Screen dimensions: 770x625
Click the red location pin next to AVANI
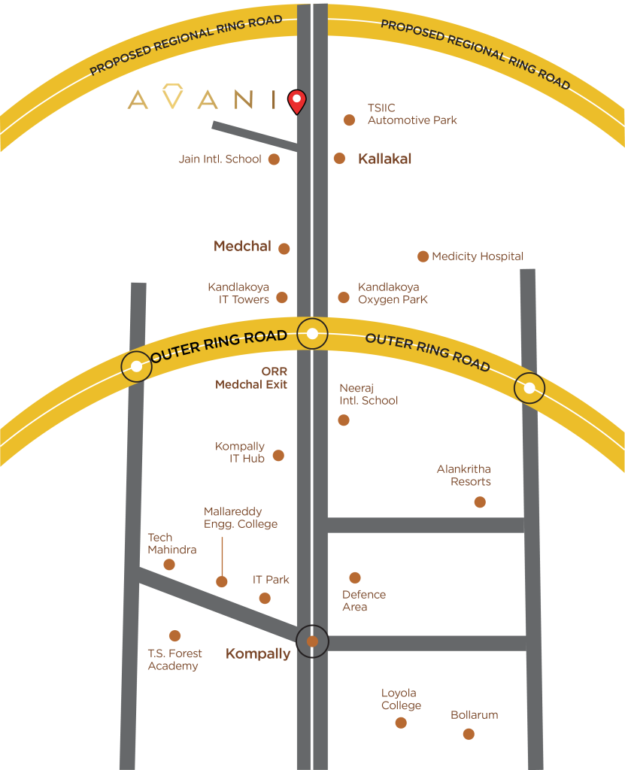pos(298,100)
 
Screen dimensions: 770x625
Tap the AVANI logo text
pos(202,99)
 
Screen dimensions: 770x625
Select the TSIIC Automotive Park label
pos(411,114)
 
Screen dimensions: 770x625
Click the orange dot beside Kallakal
pos(340,159)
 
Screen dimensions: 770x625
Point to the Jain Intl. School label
pos(220,159)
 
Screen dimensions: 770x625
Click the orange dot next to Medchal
pos(284,249)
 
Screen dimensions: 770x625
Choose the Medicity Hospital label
pos(478,256)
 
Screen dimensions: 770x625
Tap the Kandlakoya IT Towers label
pos(239,293)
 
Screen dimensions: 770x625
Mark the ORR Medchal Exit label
pos(252,378)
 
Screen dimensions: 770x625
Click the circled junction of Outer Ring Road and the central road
pos(312,333)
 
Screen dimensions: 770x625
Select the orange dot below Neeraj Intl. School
pos(344,420)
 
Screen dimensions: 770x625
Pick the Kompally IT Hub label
pos(241,452)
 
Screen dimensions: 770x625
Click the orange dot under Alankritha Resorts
pos(480,502)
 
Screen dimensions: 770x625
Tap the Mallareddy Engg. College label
pos(241,517)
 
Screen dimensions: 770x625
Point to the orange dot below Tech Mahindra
pos(169,565)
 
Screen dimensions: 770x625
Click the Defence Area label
pos(364,600)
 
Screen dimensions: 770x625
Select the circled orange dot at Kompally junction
pos(312,641)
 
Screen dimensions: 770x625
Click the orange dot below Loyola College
pos(401,723)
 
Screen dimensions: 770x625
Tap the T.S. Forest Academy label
pos(174,659)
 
